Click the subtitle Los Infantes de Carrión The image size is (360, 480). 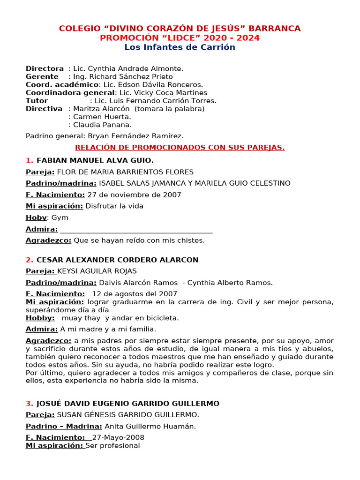(180, 47)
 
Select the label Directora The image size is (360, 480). (45, 69)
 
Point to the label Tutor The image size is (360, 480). (37, 101)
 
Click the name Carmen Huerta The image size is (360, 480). (102, 117)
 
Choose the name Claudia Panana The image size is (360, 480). (102, 125)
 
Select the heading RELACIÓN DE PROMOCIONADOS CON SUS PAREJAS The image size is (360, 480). (180, 148)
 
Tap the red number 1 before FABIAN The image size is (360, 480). (29, 160)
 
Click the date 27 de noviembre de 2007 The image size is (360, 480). (134, 195)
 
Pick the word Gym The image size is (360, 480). (60, 217)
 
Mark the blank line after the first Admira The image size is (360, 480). (136, 230)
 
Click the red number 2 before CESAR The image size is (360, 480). (29, 260)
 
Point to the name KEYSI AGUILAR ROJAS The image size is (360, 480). (97, 271)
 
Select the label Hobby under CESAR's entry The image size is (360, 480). (40, 318)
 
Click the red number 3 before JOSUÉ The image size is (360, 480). (29, 404)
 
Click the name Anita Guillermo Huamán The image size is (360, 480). (150, 426)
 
